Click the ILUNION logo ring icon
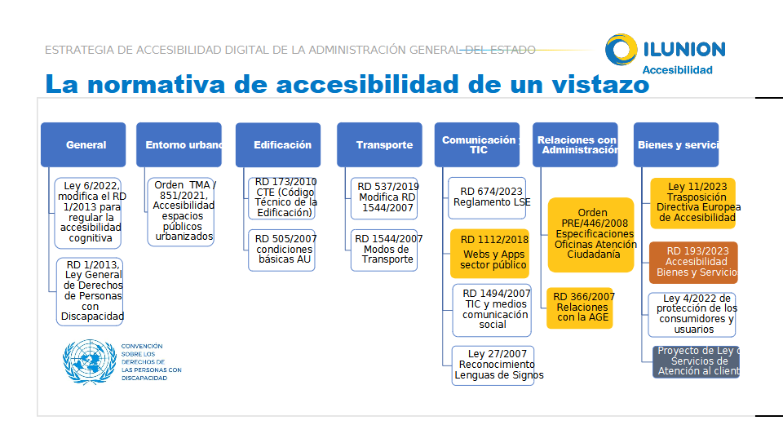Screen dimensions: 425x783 click(622, 50)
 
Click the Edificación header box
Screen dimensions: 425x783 click(278, 145)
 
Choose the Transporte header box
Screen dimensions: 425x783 click(379, 145)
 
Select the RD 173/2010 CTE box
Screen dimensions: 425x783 click(282, 197)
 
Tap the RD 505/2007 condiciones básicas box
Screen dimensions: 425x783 click(282, 250)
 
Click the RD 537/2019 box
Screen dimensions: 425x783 click(387, 197)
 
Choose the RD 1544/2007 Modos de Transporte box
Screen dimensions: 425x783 click(387, 250)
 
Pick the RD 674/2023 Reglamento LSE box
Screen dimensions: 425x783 click(488, 197)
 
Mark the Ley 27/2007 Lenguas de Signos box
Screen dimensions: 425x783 click(493, 365)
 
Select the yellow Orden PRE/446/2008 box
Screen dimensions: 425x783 click(591, 234)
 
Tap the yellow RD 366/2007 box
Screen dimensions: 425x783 click(579, 308)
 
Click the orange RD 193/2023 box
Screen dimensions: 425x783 click(693, 262)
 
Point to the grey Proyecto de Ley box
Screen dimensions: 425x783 click(696, 361)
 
